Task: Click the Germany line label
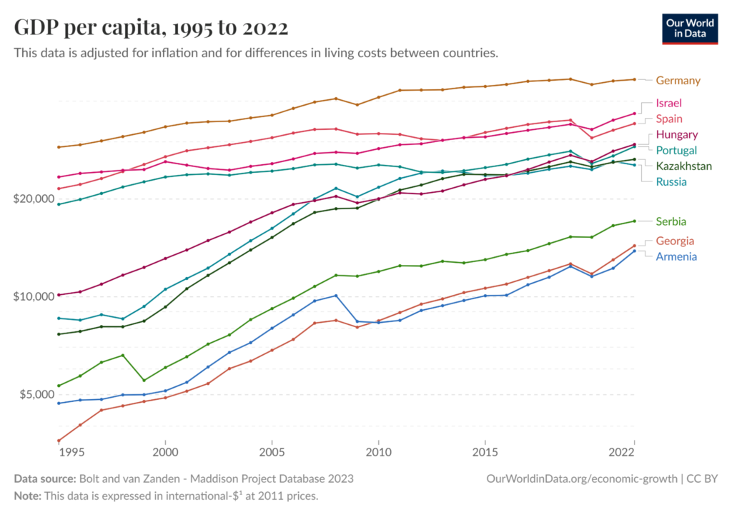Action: pos(678,81)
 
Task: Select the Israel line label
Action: pos(668,103)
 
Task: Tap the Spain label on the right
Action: pos(668,119)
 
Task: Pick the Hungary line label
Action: pos(676,134)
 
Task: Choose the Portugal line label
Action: pos(676,150)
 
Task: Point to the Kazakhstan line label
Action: pos(683,166)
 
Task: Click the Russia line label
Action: pos(671,181)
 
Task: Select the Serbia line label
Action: pos(671,221)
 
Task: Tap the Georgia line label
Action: pos(674,241)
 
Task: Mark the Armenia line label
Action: pos(676,256)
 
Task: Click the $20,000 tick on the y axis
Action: pos(33,199)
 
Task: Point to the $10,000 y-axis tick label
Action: pos(33,296)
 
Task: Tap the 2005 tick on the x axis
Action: pos(272,453)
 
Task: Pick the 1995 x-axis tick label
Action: pos(70,453)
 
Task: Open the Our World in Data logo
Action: pos(690,28)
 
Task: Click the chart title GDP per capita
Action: pos(151,28)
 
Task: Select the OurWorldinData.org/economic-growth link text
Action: pos(581,478)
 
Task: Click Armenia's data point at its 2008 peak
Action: pos(335,296)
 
